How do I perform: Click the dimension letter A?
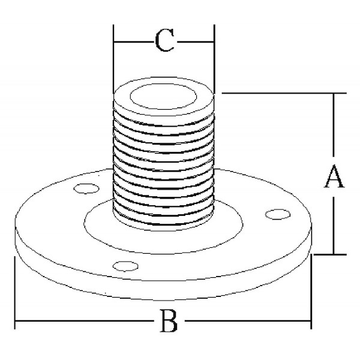click(x=334, y=176)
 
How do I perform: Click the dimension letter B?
click(x=169, y=321)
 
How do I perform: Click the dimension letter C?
click(x=164, y=40)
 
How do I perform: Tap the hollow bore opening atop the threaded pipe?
click(x=163, y=96)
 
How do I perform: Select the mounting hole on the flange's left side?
click(x=86, y=188)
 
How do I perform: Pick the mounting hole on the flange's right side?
click(x=278, y=214)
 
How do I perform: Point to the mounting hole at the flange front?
click(x=125, y=266)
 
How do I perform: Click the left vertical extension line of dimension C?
click(x=113, y=59)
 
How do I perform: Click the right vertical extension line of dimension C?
click(x=214, y=59)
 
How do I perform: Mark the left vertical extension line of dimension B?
click(x=15, y=293)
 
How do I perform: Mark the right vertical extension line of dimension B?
click(x=311, y=292)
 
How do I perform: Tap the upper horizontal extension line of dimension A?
click(x=284, y=93)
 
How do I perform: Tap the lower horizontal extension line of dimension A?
click(x=330, y=254)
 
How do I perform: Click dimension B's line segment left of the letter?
click(x=84, y=321)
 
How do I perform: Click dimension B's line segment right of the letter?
click(x=248, y=321)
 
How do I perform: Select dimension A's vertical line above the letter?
click(x=334, y=125)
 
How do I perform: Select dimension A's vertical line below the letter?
click(x=334, y=226)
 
